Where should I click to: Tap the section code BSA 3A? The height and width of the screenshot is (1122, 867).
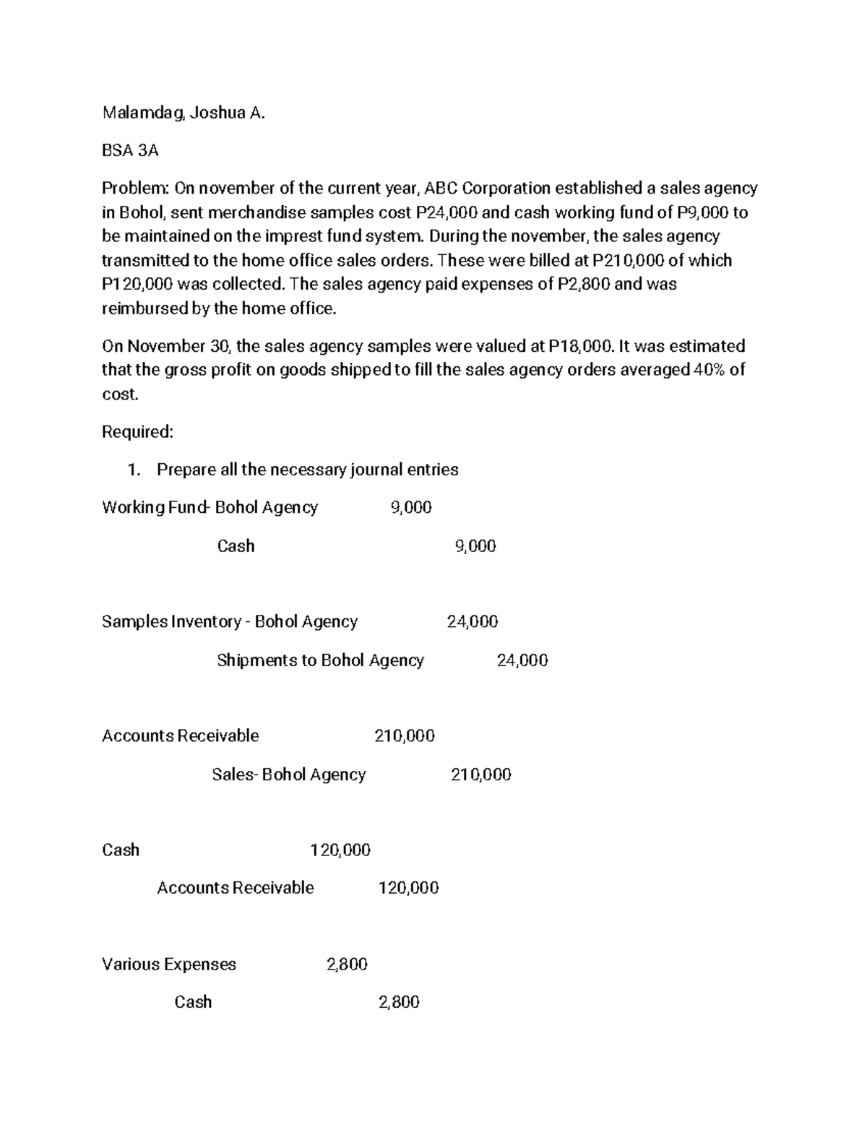coord(130,150)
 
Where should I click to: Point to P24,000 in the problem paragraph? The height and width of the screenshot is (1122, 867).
coord(447,212)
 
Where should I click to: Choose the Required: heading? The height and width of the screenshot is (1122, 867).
coord(137,432)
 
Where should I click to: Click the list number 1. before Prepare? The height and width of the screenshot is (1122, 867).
coord(133,470)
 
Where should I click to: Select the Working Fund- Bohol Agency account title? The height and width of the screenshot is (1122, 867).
coord(210,507)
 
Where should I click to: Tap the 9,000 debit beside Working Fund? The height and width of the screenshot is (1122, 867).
coord(411,507)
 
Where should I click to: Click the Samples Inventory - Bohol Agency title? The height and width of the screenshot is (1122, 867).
coord(230,621)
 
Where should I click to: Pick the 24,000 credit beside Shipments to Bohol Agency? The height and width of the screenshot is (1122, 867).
coord(522,660)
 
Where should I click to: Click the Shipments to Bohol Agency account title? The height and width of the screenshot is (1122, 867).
coord(320,660)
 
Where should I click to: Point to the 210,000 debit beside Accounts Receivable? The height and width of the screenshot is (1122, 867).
coord(405,735)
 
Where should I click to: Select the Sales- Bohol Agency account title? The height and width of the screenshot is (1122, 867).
coord(289,774)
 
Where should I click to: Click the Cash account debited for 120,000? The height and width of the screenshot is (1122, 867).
coord(121,850)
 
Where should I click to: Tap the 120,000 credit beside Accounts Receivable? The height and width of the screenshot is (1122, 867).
coord(408,888)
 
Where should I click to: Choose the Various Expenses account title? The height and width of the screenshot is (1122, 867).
coord(169,964)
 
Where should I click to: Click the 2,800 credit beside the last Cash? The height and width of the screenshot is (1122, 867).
coord(399,1001)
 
